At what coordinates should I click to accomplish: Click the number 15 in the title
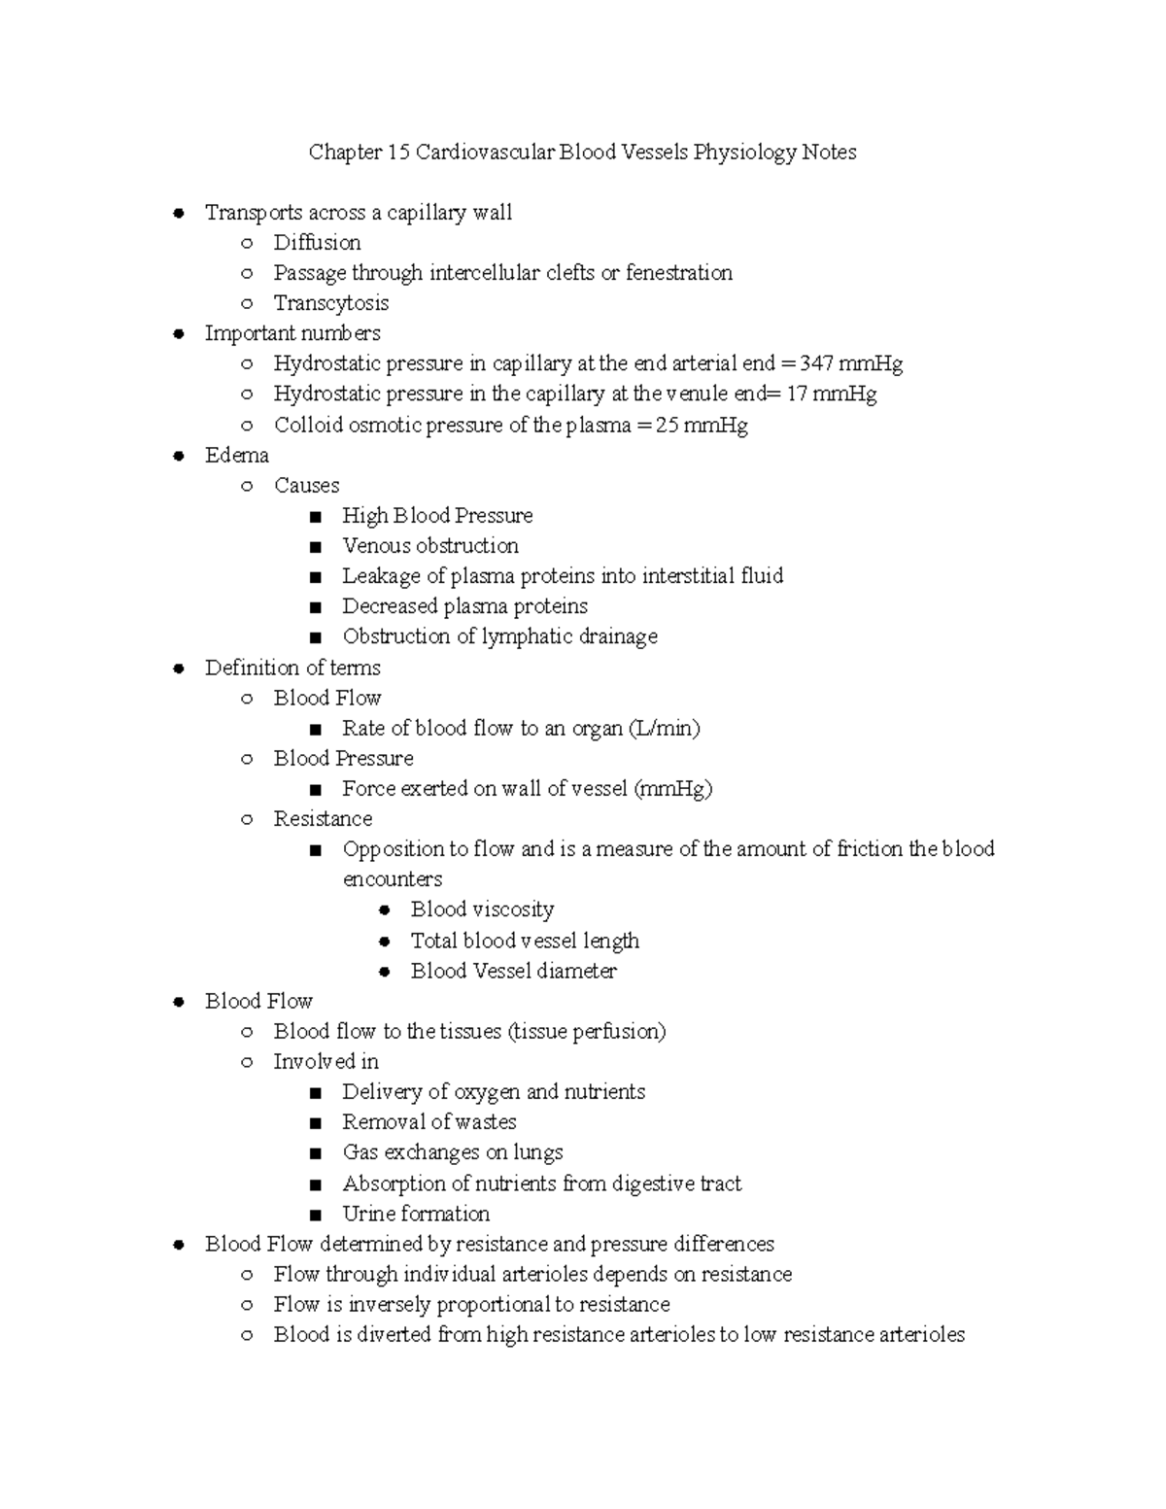click(398, 153)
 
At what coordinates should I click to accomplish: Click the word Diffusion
click(317, 243)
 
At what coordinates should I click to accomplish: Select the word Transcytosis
click(330, 303)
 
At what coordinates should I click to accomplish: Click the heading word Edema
click(236, 456)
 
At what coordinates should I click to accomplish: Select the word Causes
click(306, 486)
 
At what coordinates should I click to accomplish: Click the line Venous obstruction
click(429, 546)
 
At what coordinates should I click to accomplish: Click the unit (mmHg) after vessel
click(673, 789)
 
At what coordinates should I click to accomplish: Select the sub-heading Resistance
click(323, 819)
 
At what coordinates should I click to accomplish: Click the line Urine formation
click(416, 1214)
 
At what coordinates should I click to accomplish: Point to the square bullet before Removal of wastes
click(315, 1123)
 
